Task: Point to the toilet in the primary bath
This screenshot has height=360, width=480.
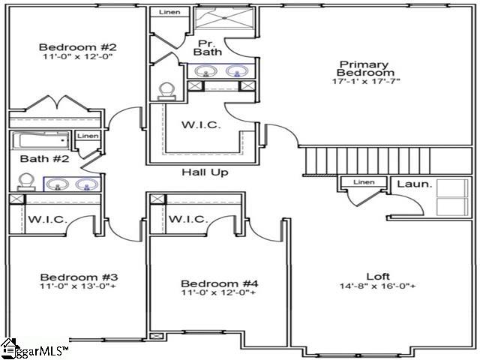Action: point(167,89)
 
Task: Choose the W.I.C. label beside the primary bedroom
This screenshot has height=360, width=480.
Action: point(201,124)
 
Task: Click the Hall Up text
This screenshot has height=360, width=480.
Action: point(205,172)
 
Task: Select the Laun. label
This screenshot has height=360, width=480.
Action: point(414,184)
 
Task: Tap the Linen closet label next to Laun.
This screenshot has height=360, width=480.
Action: point(363,182)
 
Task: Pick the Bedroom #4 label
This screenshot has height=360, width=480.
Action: point(220,283)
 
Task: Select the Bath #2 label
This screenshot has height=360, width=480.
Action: point(34,158)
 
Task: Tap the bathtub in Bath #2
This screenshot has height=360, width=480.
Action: point(42,140)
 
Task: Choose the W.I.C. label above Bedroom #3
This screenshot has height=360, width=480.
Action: point(49,220)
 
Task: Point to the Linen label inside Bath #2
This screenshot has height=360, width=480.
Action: point(88,136)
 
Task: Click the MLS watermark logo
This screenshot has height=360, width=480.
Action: point(34,349)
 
